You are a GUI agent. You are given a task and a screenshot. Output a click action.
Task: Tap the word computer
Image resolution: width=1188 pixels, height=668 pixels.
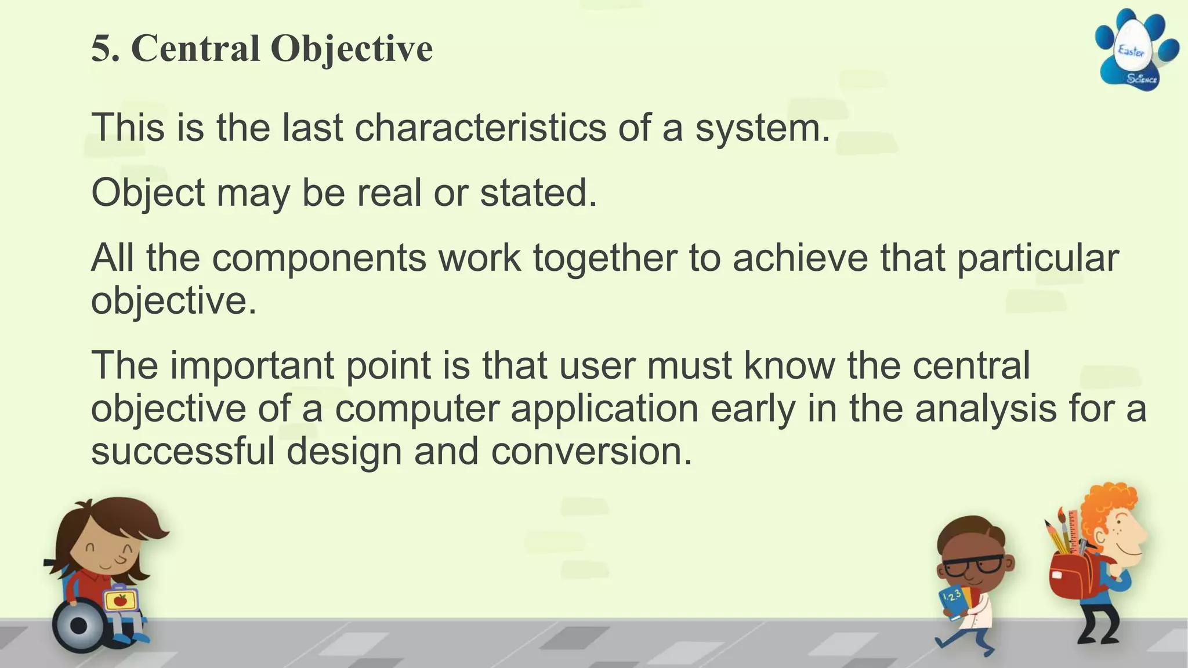(416, 408)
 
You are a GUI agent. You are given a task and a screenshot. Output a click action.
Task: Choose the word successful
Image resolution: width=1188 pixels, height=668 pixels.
(183, 451)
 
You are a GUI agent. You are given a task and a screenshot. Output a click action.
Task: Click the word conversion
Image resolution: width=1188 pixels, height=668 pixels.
(592, 451)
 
